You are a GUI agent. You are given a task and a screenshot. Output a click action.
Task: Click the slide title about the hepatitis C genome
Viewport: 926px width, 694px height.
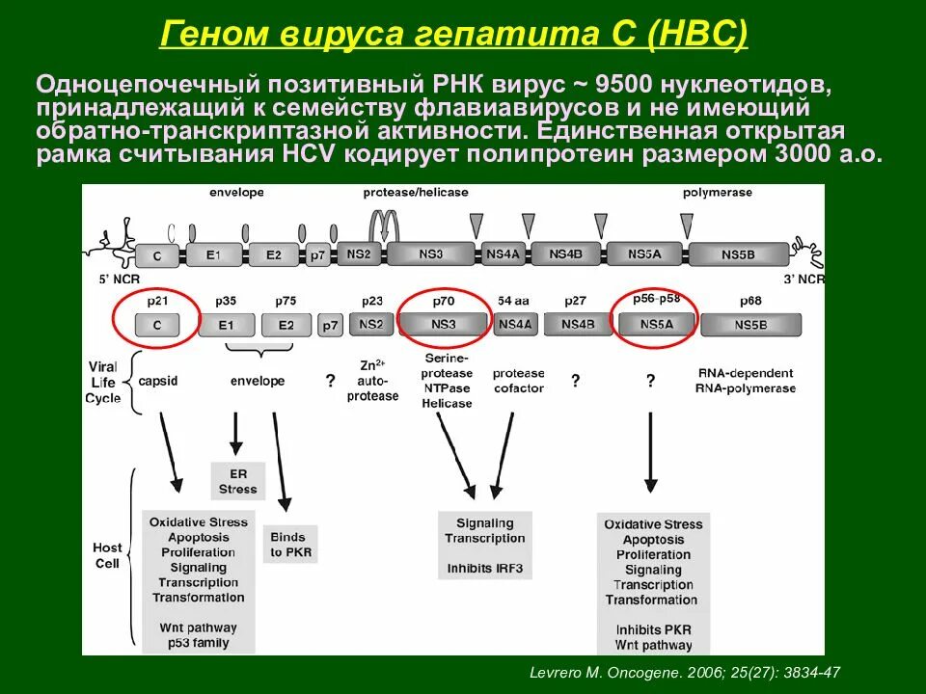pyautogui.click(x=453, y=36)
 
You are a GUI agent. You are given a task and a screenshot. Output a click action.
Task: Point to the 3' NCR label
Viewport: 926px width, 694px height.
pyautogui.click(x=803, y=280)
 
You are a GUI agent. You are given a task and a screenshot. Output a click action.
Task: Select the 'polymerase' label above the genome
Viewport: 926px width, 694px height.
pyautogui.click(x=717, y=193)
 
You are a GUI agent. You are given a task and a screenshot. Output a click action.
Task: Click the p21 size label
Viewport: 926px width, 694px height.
pyautogui.click(x=156, y=301)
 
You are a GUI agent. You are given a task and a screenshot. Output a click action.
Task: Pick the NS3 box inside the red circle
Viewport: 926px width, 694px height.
pyautogui.click(x=445, y=325)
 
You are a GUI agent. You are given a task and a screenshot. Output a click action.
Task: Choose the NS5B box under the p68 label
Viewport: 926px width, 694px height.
pyautogui.click(x=750, y=325)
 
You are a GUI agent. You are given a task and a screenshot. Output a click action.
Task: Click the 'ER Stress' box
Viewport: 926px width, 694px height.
pyautogui.click(x=237, y=481)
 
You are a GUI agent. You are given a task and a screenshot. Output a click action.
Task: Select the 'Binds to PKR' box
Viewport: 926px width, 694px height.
pyautogui.click(x=287, y=545)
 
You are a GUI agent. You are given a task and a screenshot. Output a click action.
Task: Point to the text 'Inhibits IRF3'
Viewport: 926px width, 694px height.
pyautogui.click(x=484, y=569)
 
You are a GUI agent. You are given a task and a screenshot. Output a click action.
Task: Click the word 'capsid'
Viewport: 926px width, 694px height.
pyautogui.click(x=157, y=381)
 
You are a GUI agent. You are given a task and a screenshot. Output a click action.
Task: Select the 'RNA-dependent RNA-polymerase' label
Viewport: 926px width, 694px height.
pyautogui.click(x=745, y=381)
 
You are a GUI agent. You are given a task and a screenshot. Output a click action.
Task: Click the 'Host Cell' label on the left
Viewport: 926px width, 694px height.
pyautogui.click(x=107, y=555)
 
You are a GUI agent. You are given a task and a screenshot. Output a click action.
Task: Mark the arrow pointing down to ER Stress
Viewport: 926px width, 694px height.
pyautogui.click(x=234, y=434)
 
